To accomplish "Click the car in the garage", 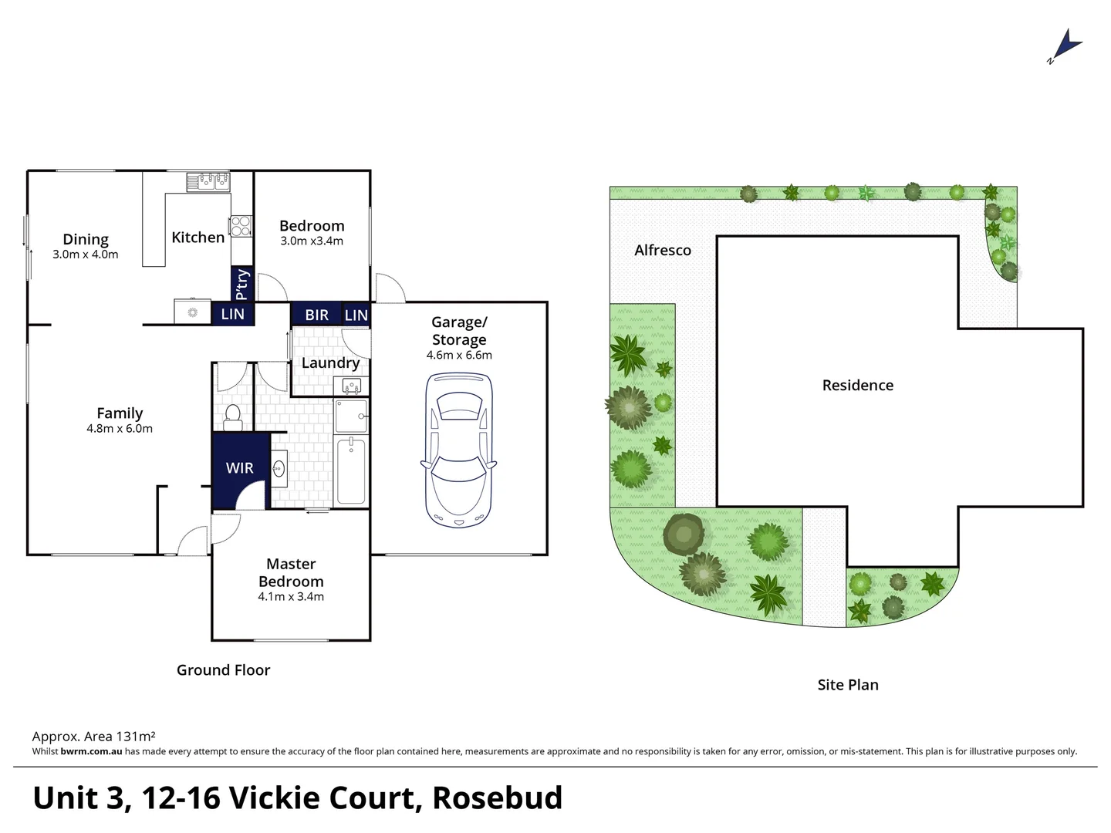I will click(458, 450).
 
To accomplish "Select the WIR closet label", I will click(239, 468).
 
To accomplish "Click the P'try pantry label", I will click(241, 284).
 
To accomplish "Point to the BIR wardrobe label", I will click(316, 315).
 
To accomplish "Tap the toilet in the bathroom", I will click(232, 417).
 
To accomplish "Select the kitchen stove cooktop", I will click(241, 225).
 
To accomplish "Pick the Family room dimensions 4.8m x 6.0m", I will click(120, 429).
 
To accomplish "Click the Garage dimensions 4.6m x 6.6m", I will click(459, 356).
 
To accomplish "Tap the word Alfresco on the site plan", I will click(662, 250).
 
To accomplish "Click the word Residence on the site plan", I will click(857, 385).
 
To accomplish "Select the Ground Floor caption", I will click(223, 670).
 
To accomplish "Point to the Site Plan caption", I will click(847, 685).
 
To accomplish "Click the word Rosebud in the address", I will click(497, 798).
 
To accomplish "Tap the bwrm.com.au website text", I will click(91, 751).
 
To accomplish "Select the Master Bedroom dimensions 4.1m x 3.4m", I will click(291, 597).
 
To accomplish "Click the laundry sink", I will click(351, 385).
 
